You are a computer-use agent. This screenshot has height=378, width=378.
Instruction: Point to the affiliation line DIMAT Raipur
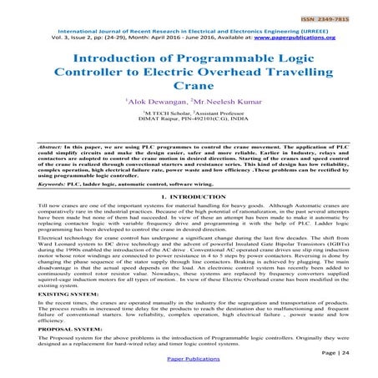tap(189, 140)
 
